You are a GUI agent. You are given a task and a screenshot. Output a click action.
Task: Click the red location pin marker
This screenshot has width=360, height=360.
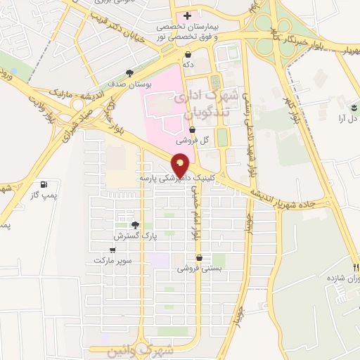click(181, 163)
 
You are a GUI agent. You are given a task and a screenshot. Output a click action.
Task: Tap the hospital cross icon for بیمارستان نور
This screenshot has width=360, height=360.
click(187, 16)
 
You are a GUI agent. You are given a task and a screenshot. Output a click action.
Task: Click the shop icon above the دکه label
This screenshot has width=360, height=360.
click(188, 54)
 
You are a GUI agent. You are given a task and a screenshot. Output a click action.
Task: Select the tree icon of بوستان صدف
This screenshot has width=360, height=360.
click(129, 72)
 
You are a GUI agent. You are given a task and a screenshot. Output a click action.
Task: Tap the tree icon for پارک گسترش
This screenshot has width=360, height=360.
click(135, 225)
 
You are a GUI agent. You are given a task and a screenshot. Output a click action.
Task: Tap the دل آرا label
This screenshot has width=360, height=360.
click(349, 118)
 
